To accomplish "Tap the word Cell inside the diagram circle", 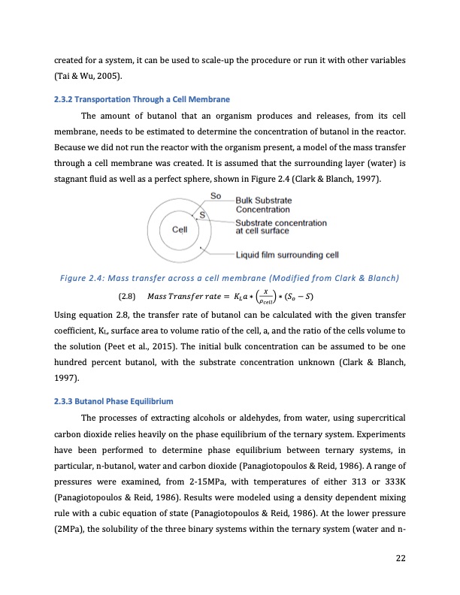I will pos(180,230).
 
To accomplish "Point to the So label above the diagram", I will pos(215,195).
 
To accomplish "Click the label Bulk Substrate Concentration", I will pos(268,204).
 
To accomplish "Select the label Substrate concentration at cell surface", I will pos(281,227).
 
